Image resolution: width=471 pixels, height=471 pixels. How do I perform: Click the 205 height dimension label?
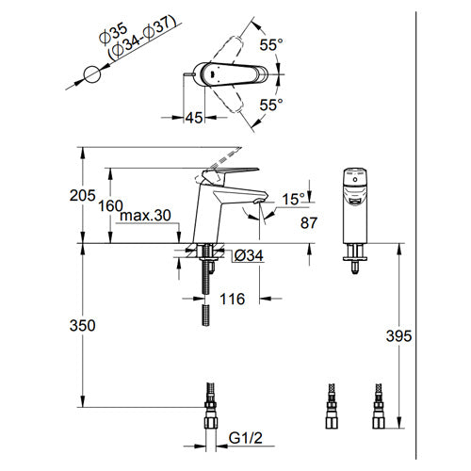(x=82, y=196)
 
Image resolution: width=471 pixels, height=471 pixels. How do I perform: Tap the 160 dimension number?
(x=110, y=206)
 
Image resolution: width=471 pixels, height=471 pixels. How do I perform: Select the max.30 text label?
(x=145, y=216)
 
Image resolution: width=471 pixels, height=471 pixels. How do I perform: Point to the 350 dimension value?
(x=82, y=325)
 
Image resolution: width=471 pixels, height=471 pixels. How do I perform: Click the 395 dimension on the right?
(x=398, y=336)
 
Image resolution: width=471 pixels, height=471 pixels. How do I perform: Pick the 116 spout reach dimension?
(x=232, y=299)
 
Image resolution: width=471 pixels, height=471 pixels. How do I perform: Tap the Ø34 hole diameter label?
(x=249, y=256)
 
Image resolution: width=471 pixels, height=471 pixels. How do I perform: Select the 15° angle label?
(x=293, y=200)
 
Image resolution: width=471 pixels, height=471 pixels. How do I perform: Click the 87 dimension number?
(x=309, y=223)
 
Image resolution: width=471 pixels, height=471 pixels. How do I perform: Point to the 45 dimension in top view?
(x=194, y=118)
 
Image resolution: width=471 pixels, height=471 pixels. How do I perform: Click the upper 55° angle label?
(x=271, y=45)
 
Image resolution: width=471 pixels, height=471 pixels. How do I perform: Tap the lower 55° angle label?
(x=271, y=105)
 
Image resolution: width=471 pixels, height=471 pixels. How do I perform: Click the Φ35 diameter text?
(x=113, y=34)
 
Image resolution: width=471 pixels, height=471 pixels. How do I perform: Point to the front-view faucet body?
(x=355, y=206)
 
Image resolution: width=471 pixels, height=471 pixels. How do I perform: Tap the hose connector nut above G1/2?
(x=211, y=422)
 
